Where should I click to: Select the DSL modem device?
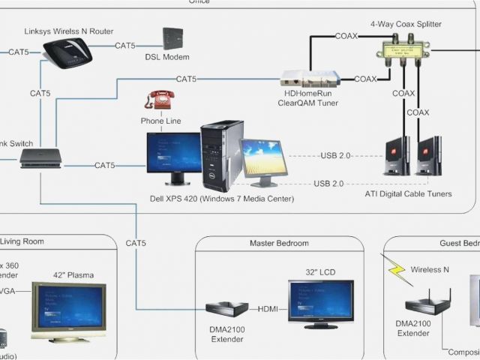click(x=172, y=39)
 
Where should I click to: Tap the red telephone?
click(x=158, y=100)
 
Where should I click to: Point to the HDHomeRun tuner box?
click(x=310, y=78)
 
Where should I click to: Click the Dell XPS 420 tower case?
click(x=221, y=154)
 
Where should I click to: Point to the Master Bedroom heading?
click(x=279, y=244)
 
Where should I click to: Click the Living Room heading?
click(x=22, y=241)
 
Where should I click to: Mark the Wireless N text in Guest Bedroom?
click(x=430, y=269)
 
